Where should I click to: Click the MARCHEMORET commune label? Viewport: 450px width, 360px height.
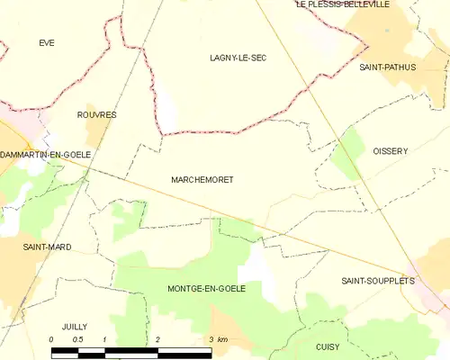tap(202, 180)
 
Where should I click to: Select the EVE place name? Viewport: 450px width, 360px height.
tap(47, 42)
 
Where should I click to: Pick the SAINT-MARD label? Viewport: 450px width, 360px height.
tap(47, 247)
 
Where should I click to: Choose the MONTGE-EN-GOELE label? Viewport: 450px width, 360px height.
tap(207, 288)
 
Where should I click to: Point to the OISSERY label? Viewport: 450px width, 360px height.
tap(391, 151)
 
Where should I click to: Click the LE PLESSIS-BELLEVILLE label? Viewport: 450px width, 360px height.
tap(355, 4)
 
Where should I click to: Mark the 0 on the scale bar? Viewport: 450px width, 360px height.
tap(51, 339)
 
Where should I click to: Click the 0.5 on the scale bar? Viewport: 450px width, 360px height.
tap(78, 339)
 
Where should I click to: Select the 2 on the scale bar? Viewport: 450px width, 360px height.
tap(157, 339)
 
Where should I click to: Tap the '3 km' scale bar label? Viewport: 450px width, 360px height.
tap(217, 339)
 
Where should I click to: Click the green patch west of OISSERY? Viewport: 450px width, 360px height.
tap(346, 155)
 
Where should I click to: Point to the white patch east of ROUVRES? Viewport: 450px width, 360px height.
tap(167, 110)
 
